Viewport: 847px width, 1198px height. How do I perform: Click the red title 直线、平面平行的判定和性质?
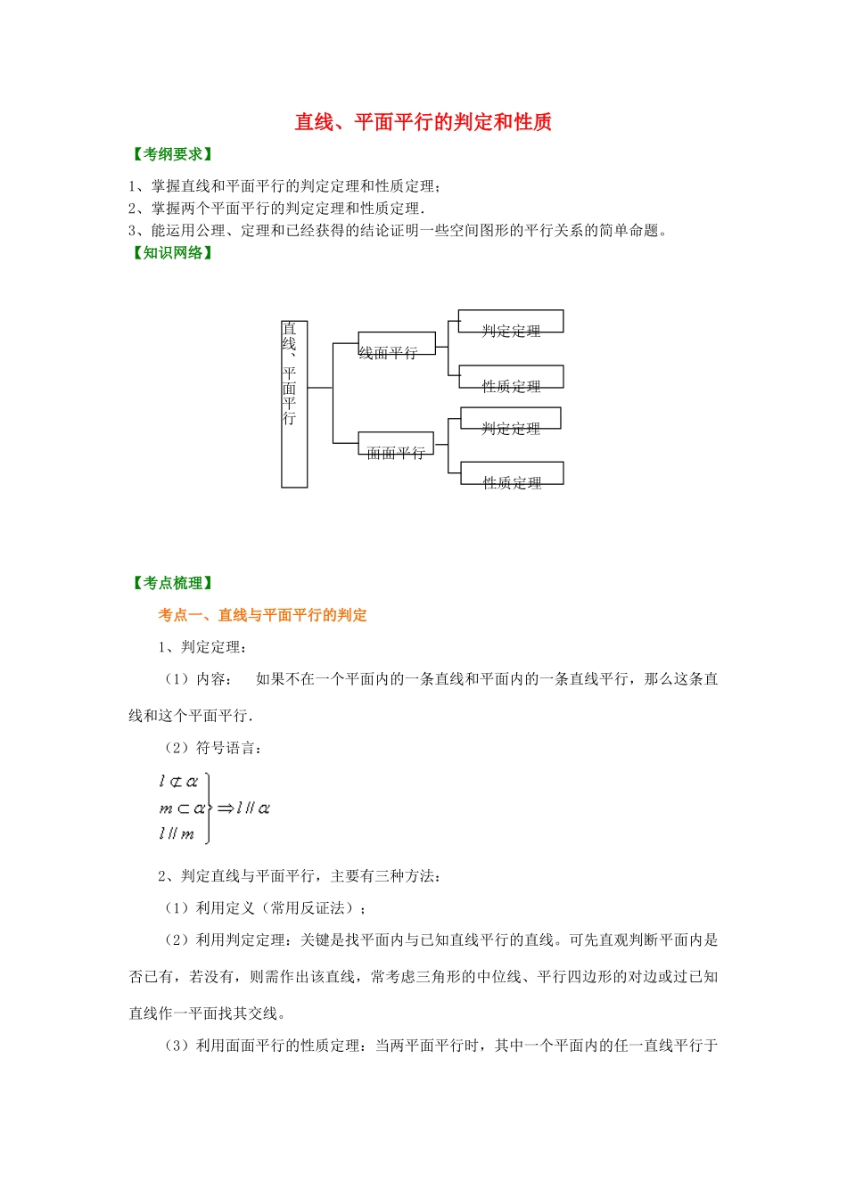click(423, 122)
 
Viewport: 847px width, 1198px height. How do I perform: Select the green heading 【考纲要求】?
click(173, 154)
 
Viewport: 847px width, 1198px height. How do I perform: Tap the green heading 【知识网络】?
click(173, 252)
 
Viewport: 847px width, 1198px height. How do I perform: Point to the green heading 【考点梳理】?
click(173, 583)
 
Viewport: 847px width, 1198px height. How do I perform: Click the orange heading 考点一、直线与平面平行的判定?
click(262, 615)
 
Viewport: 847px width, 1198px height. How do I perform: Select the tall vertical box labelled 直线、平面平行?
click(294, 404)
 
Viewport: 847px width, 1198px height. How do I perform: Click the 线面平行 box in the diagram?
click(397, 344)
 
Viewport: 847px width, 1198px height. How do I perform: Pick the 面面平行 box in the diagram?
click(396, 445)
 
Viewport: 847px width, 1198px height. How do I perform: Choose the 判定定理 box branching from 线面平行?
click(511, 322)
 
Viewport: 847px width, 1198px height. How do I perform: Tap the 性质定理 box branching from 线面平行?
click(511, 377)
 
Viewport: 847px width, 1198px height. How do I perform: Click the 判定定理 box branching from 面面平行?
click(510, 419)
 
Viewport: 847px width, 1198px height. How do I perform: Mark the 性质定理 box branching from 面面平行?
click(512, 473)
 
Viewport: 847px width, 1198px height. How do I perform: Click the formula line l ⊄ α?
click(178, 782)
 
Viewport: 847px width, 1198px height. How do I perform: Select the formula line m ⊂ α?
click(182, 808)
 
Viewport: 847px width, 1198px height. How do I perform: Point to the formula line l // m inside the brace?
click(177, 834)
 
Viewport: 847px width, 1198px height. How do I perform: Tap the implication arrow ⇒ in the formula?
click(226, 808)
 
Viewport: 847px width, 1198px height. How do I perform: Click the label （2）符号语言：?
click(212, 748)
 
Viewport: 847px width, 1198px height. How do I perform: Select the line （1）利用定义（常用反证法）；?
click(264, 908)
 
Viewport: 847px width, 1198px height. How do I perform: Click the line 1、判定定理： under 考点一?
click(203, 647)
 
